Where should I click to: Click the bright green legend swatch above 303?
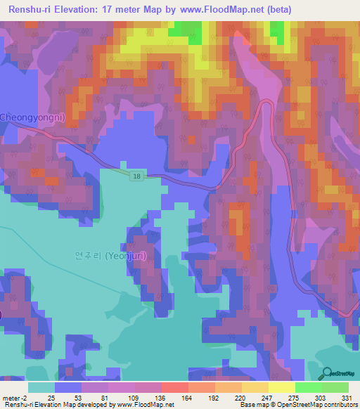pos(308,387)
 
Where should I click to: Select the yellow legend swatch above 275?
pos(281,387)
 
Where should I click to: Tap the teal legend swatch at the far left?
pos(41,387)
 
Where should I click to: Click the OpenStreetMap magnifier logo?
pos(328,374)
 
